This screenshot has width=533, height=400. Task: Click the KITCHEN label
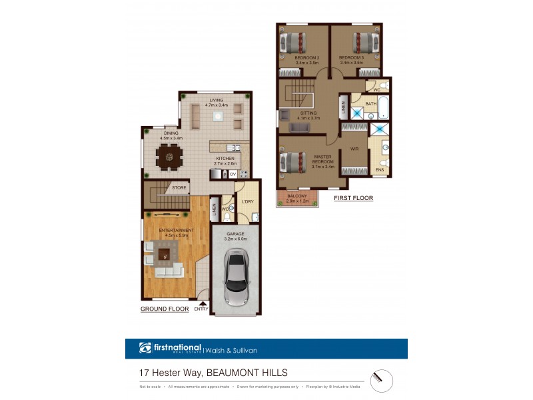pos(226,159)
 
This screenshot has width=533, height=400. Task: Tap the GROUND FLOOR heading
pos(163,310)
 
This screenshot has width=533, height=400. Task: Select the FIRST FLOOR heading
pos(353,198)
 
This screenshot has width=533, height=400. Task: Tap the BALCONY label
pos(296,196)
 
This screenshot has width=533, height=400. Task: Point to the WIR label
pos(354,149)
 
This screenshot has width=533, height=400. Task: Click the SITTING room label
pos(308,113)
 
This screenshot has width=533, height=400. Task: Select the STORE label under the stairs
pos(179,188)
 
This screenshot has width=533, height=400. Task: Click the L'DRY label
pos(247,201)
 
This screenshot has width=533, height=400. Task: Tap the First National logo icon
pos(146,348)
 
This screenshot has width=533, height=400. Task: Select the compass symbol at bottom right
pos(381,380)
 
